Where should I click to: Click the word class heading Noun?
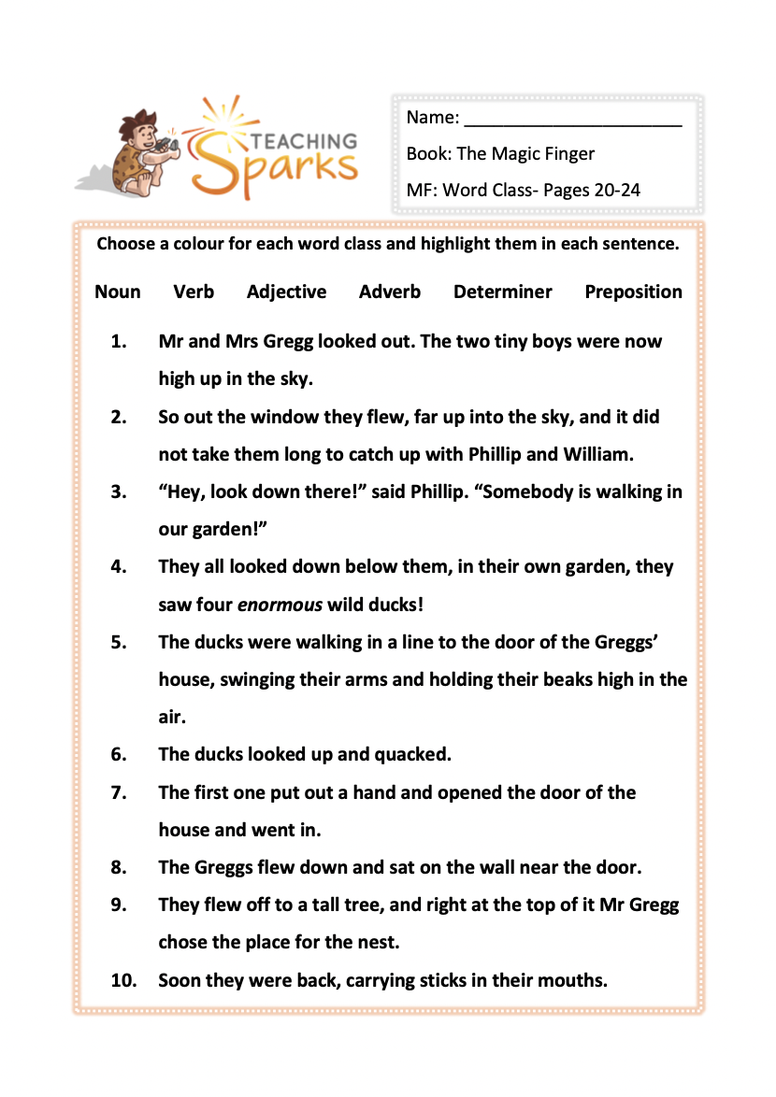[118, 292]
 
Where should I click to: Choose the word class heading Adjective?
[286, 292]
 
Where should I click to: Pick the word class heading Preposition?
[633, 292]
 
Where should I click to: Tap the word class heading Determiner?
[502, 292]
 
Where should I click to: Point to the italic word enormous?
[280, 605]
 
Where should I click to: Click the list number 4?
[118, 567]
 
